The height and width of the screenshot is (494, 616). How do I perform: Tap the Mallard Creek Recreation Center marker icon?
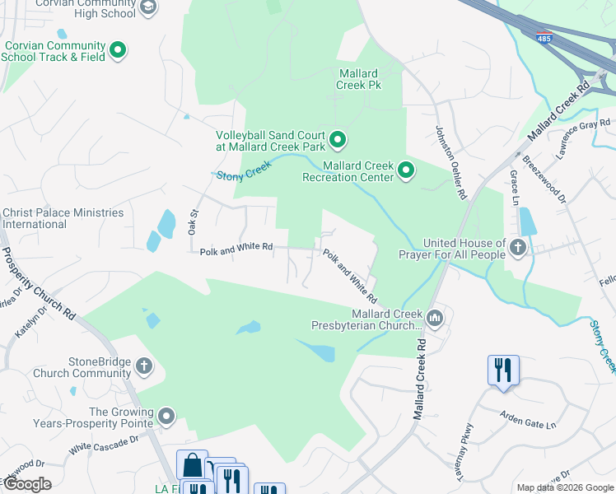406,170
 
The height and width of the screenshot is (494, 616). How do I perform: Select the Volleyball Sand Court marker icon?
337,140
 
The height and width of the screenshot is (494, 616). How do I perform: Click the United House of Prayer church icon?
518,247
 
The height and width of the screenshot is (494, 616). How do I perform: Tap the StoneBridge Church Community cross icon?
144,365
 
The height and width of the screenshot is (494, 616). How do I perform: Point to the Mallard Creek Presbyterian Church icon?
436,316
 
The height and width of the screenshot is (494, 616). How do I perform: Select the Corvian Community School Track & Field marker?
118,50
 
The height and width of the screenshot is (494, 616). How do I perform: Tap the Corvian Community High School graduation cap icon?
147,7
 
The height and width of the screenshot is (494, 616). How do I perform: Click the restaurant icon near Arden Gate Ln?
502,370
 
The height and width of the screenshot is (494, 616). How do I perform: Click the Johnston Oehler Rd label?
450,161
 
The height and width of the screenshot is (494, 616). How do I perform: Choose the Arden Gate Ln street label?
529,420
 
